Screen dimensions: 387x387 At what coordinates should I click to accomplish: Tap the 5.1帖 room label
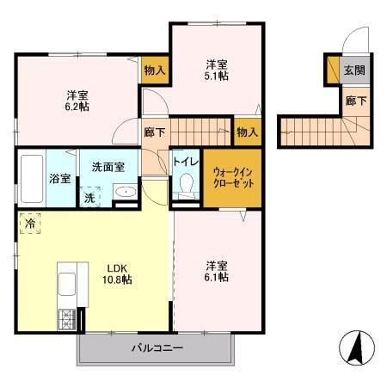(x=216, y=71)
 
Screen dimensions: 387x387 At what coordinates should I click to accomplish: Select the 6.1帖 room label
(x=216, y=272)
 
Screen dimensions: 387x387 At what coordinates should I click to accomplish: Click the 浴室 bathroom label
(x=60, y=180)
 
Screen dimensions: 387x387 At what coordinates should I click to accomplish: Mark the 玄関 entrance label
(x=353, y=71)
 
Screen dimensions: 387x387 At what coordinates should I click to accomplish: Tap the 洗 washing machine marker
(x=89, y=196)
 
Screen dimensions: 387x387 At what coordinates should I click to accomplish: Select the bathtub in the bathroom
(x=31, y=178)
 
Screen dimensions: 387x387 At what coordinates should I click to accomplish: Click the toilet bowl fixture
(x=185, y=186)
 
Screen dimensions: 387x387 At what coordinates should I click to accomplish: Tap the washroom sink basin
(x=124, y=192)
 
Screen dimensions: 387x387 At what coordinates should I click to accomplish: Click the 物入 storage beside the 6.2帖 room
(x=154, y=70)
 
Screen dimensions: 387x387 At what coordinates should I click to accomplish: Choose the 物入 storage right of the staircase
(x=246, y=132)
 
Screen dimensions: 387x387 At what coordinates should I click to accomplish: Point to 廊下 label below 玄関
(x=353, y=101)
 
